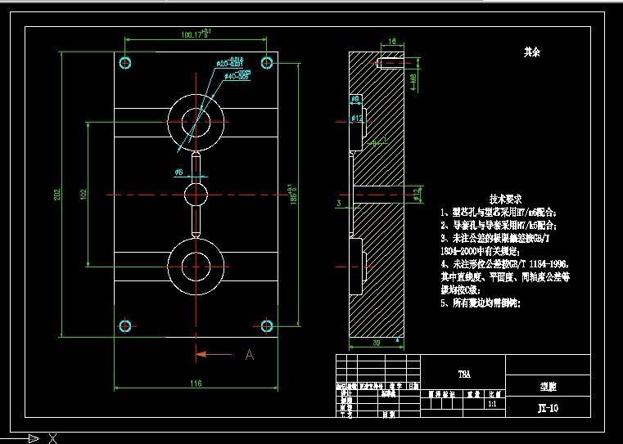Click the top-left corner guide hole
125,62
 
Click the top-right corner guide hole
266,62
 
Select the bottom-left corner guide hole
125,326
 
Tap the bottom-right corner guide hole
266,326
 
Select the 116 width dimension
196,383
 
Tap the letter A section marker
250,355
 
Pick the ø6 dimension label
178,172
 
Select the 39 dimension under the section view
377,343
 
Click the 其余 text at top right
532,52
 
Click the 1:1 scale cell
492,404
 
